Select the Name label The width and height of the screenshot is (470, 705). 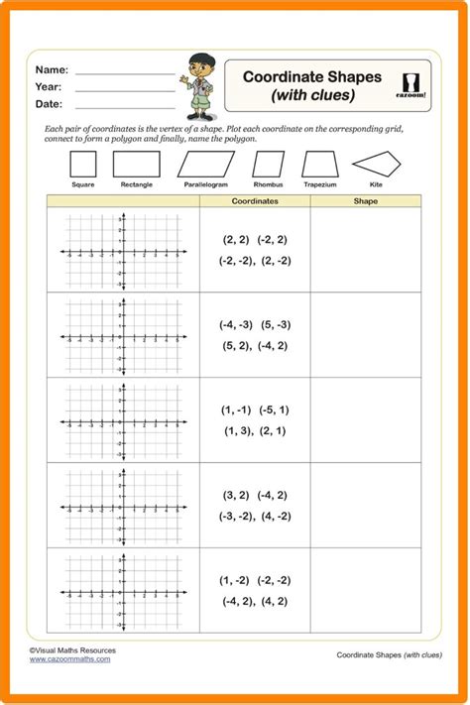coord(52,70)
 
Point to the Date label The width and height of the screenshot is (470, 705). coord(50,103)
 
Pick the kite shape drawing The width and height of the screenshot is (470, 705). coord(383,165)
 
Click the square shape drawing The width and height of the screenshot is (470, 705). coord(84,165)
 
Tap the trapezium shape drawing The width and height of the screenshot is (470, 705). coord(320,165)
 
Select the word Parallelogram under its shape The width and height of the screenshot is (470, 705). coord(205,185)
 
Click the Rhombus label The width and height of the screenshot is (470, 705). coord(268,185)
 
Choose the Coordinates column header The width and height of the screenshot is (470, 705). coord(255,200)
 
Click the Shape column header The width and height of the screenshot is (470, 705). coord(365,200)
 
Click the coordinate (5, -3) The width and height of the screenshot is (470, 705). coord(277,324)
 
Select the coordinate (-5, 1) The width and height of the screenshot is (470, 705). coord(274,410)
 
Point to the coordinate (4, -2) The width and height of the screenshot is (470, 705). coord(275,516)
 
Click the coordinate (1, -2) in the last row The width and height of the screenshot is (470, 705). coord(235,580)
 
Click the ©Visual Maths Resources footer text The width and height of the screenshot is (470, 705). coord(72,650)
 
